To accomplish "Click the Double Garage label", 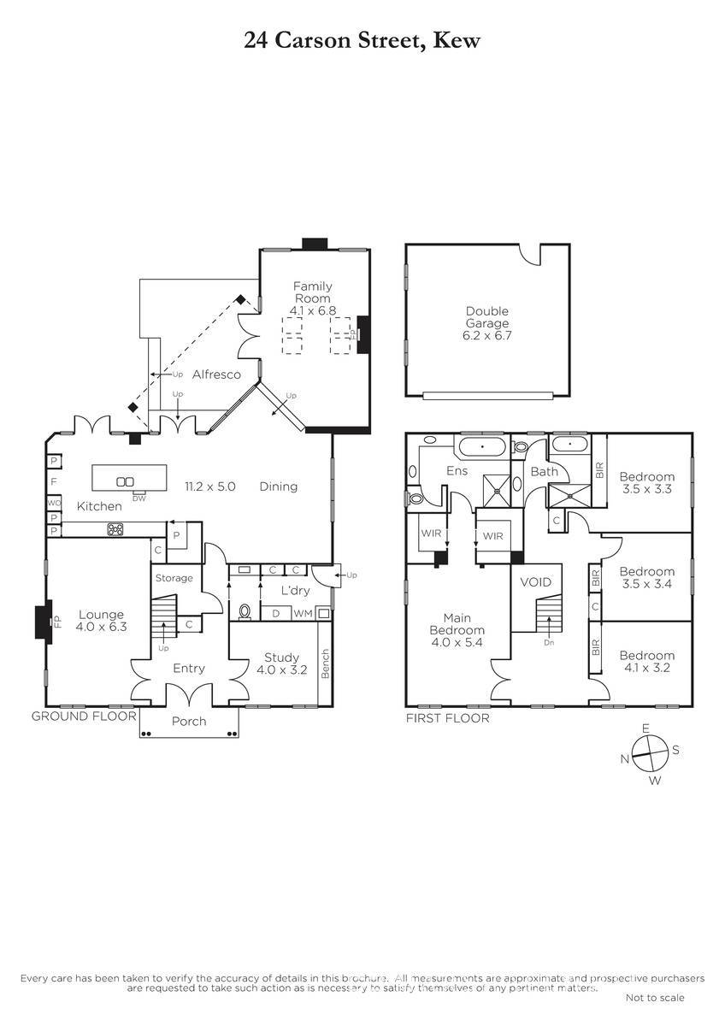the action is [x=486, y=317].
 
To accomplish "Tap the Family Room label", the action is [x=312, y=292].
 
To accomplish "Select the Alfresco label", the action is [x=216, y=374].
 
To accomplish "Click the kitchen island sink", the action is [x=125, y=481].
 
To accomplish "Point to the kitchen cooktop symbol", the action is [x=115, y=529].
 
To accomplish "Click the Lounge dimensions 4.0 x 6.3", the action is [x=101, y=627].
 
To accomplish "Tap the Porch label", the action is [x=189, y=722].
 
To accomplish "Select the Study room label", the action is [x=281, y=657].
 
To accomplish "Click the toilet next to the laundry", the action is [x=245, y=611].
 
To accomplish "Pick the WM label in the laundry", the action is [x=303, y=614].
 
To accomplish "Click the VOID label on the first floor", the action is [x=536, y=582].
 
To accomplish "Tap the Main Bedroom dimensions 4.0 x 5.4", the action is [x=457, y=642].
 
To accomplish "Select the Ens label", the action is [x=457, y=471].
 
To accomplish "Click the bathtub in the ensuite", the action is [x=482, y=446].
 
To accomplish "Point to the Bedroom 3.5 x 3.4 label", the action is [x=646, y=578].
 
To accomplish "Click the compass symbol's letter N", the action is [x=625, y=759].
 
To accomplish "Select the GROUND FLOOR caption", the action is [x=84, y=716].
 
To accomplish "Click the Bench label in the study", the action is [x=325, y=663].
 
